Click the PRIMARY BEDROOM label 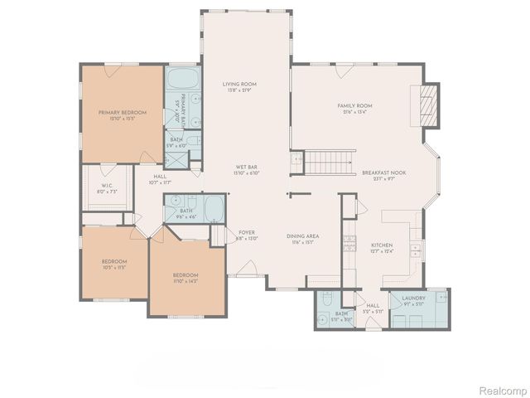122,112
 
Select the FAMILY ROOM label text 355,106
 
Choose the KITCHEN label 381,245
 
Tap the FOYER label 247,232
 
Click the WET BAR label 244,167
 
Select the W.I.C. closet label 107,186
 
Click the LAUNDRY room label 413,298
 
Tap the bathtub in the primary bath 181,81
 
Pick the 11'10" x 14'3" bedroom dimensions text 185,281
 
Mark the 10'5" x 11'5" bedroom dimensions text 113,268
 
